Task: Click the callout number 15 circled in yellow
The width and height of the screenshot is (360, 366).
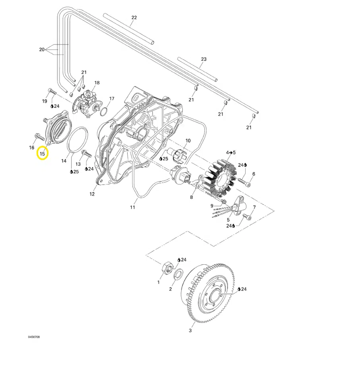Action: click(43, 153)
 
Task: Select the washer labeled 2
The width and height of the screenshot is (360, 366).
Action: click(178, 274)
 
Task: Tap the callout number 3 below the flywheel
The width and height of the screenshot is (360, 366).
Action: click(190, 331)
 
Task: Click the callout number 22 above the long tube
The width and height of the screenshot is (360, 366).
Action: click(134, 17)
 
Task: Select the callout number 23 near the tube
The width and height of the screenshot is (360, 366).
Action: click(204, 59)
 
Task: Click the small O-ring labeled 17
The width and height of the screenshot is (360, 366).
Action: click(103, 111)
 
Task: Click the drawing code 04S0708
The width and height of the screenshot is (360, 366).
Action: click(34, 337)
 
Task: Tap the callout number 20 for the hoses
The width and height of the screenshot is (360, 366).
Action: click(42, 50)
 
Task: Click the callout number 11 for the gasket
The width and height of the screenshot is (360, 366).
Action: click(133, 207)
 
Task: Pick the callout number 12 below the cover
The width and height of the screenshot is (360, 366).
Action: click(92, 194)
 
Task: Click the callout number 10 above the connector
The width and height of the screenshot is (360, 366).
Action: click(188, 141)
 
